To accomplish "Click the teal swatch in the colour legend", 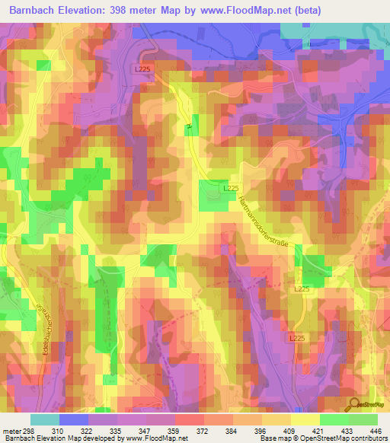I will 45,419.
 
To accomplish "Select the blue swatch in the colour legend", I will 74,419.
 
